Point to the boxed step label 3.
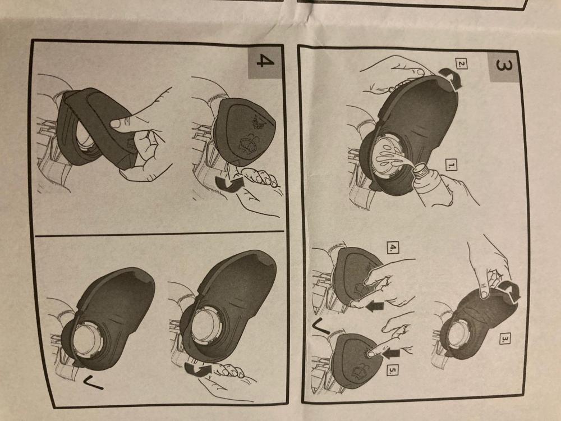504,338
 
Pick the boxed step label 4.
393,247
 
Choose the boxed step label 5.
393,370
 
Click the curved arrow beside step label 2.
450,78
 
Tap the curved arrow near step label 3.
510,291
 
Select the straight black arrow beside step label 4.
375,306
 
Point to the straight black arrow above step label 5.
391,353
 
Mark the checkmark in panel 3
321,327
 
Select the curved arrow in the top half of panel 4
229,184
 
